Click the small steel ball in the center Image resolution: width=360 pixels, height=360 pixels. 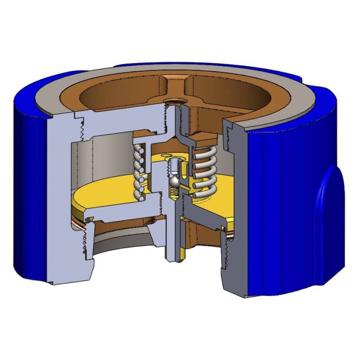pos(173,180)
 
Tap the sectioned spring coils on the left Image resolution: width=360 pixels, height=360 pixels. pos(138,172)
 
